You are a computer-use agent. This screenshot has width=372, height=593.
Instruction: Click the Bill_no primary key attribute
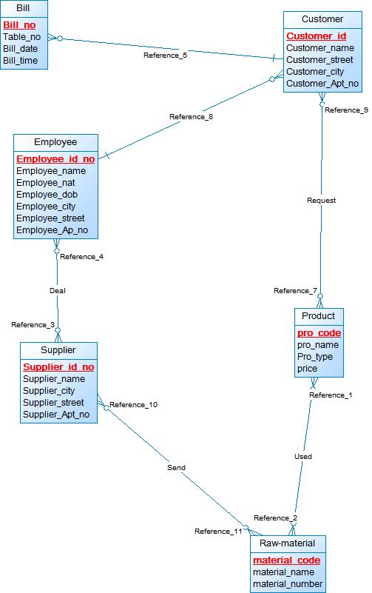[19, 25]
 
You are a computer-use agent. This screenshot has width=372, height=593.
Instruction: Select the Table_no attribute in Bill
[22, 37]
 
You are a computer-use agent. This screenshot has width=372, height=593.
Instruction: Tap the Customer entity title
[322, 19]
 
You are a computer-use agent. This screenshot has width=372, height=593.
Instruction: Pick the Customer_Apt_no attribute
[322, 84]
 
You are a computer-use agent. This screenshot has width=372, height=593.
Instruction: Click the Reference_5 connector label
[165, 56]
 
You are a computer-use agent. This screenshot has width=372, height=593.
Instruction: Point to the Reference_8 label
[191, 117]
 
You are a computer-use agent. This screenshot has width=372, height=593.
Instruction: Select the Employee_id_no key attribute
[55, 159]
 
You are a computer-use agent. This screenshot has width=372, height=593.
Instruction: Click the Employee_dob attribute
[47, 195]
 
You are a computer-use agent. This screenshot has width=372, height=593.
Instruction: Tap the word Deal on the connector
[58, 290]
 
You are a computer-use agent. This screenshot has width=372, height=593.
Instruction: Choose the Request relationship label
[322, 201]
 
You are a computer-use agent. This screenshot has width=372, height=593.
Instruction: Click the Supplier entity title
[58, 350]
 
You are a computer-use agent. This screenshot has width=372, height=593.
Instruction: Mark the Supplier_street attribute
[53, 403]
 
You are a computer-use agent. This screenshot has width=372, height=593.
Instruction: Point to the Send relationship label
[176, 467]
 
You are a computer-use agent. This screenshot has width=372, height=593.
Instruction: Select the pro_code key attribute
[319, 333]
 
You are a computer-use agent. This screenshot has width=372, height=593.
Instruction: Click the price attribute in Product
[307, 369]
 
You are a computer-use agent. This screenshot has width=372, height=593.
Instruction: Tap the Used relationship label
[303, 457]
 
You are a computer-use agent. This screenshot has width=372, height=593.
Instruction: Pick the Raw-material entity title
[288, 543]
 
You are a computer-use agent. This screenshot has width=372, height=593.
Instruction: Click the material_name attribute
[284, 572]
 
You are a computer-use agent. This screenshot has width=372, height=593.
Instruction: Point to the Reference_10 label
[134, 405]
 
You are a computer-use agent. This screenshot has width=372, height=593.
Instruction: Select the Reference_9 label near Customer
[346, 110]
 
